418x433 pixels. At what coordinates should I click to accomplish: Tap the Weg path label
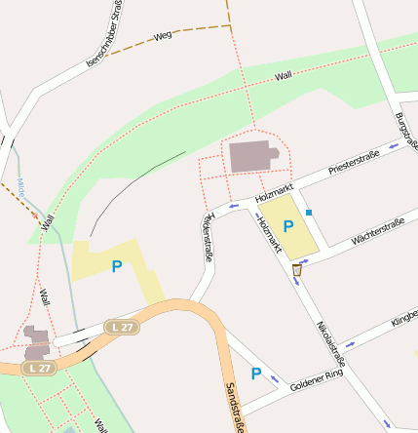click(163, 35)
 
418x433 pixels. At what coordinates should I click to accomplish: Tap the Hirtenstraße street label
click(206, 237)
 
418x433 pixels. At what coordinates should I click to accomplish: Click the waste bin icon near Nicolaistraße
click(296, 268)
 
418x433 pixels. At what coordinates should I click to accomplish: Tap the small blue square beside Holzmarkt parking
click(309, 212)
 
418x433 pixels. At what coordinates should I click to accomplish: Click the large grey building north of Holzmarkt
click(252, 156)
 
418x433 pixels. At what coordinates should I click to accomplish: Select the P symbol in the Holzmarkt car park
click(287, 226)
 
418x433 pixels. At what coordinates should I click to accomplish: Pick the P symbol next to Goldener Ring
click(256, 374)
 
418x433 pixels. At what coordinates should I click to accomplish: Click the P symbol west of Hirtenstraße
click(117, 266)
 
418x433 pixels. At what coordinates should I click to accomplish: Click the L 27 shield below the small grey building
click(38, 368)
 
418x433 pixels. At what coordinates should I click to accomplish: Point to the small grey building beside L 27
click(37, 341)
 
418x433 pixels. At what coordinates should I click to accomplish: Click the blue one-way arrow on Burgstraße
click(395, 146)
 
